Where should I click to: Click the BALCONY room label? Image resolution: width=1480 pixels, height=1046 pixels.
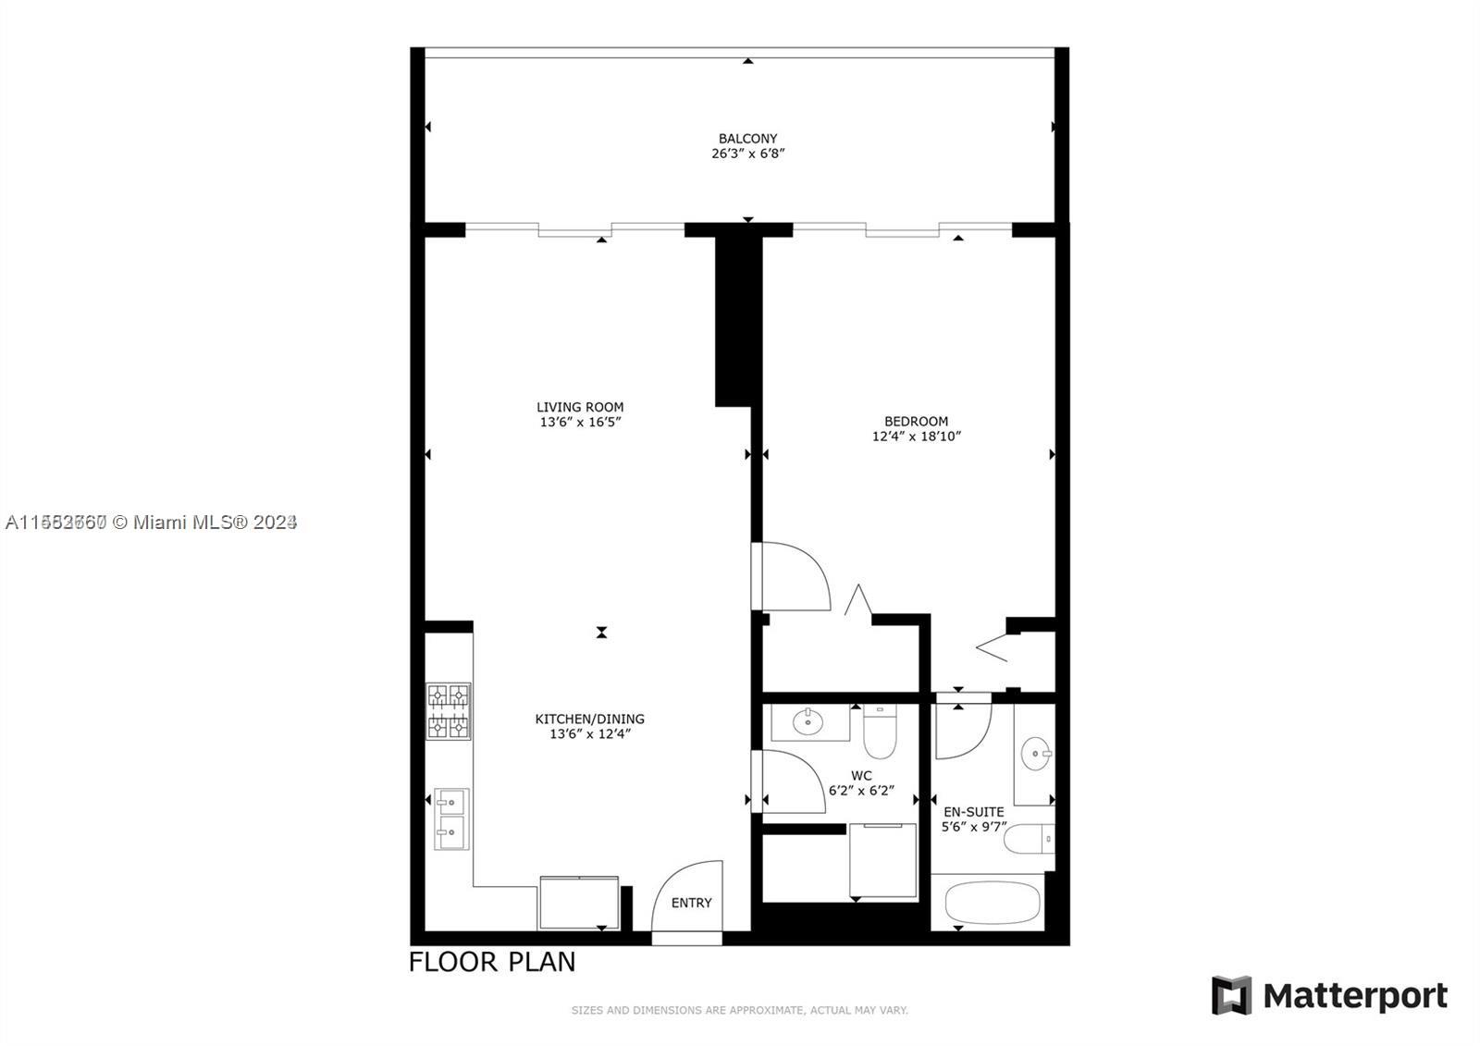coord(747,139)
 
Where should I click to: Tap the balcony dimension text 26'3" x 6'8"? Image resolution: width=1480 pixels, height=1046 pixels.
coord(747,154)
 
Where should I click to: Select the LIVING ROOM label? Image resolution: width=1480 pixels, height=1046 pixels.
coord(580,407)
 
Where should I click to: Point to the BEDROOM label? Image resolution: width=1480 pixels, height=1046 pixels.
coord(916,422)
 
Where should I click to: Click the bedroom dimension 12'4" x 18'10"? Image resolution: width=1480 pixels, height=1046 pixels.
coord(916,437)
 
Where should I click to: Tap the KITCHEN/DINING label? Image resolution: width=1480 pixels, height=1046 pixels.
coord(589,719)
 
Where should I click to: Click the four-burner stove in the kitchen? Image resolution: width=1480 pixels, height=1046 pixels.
coord(449,711)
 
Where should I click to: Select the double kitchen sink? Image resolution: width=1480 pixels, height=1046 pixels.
coord(451,818)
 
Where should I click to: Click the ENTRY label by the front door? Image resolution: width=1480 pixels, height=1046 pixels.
coord(691,903)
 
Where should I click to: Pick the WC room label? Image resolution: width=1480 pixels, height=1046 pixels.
coord(860,776)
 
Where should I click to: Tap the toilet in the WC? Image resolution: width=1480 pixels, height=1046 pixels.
coord(880,731)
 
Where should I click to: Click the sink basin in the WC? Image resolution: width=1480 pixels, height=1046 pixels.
coord(808,721)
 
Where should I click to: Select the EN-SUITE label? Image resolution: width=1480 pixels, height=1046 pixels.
coord(973,812)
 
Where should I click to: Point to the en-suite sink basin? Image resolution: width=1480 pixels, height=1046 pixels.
coord(1035,755)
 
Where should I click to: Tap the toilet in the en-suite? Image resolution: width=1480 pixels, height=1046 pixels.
coord(1028,839)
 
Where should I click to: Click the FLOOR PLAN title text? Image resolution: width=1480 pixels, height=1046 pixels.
coord(492,962)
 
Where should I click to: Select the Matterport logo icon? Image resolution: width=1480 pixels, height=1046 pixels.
coord(1231,995)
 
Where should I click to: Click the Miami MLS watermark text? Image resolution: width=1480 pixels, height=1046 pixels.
coord(151,523)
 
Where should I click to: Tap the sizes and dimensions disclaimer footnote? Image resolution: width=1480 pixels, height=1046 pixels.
coord(739,1010)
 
